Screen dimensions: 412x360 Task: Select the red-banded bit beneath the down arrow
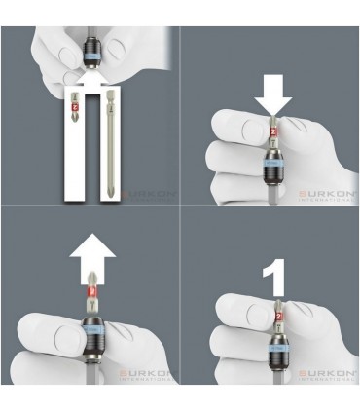point(272,129)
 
